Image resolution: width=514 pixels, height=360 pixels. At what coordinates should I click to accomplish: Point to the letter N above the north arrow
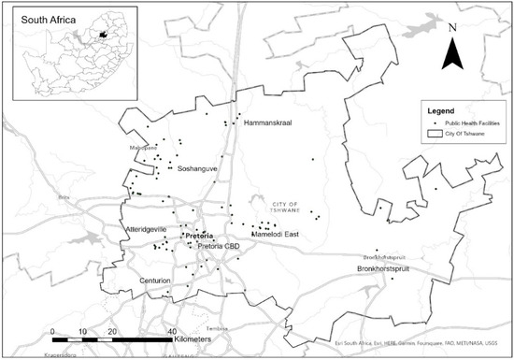[x=452, y=27]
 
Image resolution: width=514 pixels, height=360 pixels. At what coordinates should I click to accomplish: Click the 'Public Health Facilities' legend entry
[x=459, y=122]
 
